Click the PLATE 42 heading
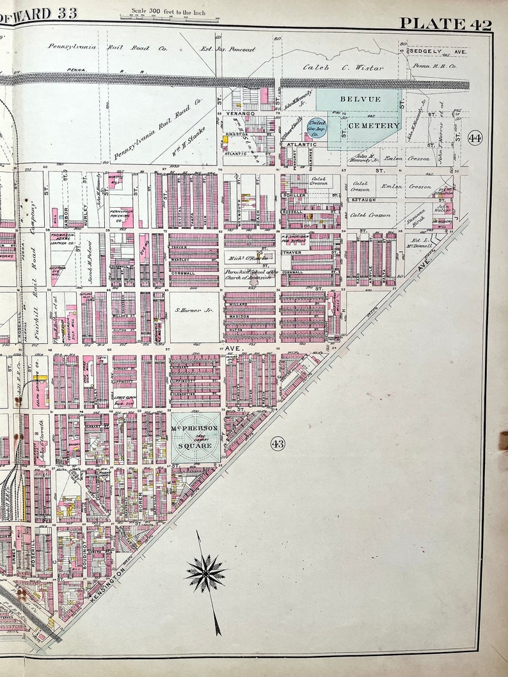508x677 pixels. pyautogui.click(x=445, y=24)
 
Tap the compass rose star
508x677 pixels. pyautogui.click(x=205, y=573)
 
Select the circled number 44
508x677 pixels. pyautogui.click(x=475, y=137)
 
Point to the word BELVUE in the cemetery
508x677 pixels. pyautogui.click(x=360, y=99)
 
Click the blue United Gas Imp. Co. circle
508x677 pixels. pyautogui.click(x=316, y=125)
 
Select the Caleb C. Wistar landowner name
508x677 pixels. pyautogui.click(x=343, y=67)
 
